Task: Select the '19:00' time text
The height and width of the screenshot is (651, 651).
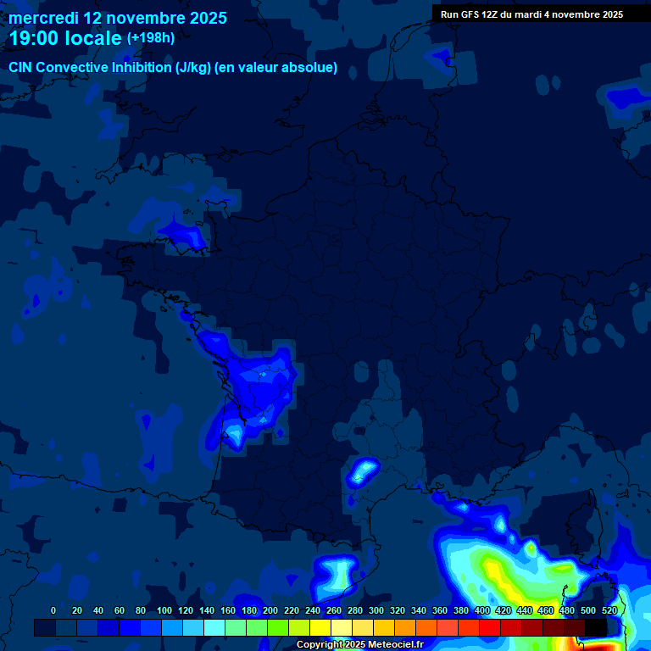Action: click(35, 38)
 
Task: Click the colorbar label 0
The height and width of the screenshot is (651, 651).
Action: click(53, 610)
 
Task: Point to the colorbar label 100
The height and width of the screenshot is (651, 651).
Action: click(164, 610)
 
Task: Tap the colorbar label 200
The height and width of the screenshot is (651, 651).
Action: click(270, 610)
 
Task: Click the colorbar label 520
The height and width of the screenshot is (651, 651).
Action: click(609, 610)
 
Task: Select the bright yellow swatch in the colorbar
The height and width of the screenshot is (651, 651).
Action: click(320, 627)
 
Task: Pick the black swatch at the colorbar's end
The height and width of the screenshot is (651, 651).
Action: click(596, 627)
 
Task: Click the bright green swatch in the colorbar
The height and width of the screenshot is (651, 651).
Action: click(277, 627)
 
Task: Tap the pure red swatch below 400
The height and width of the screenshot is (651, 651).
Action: click(489, 627)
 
